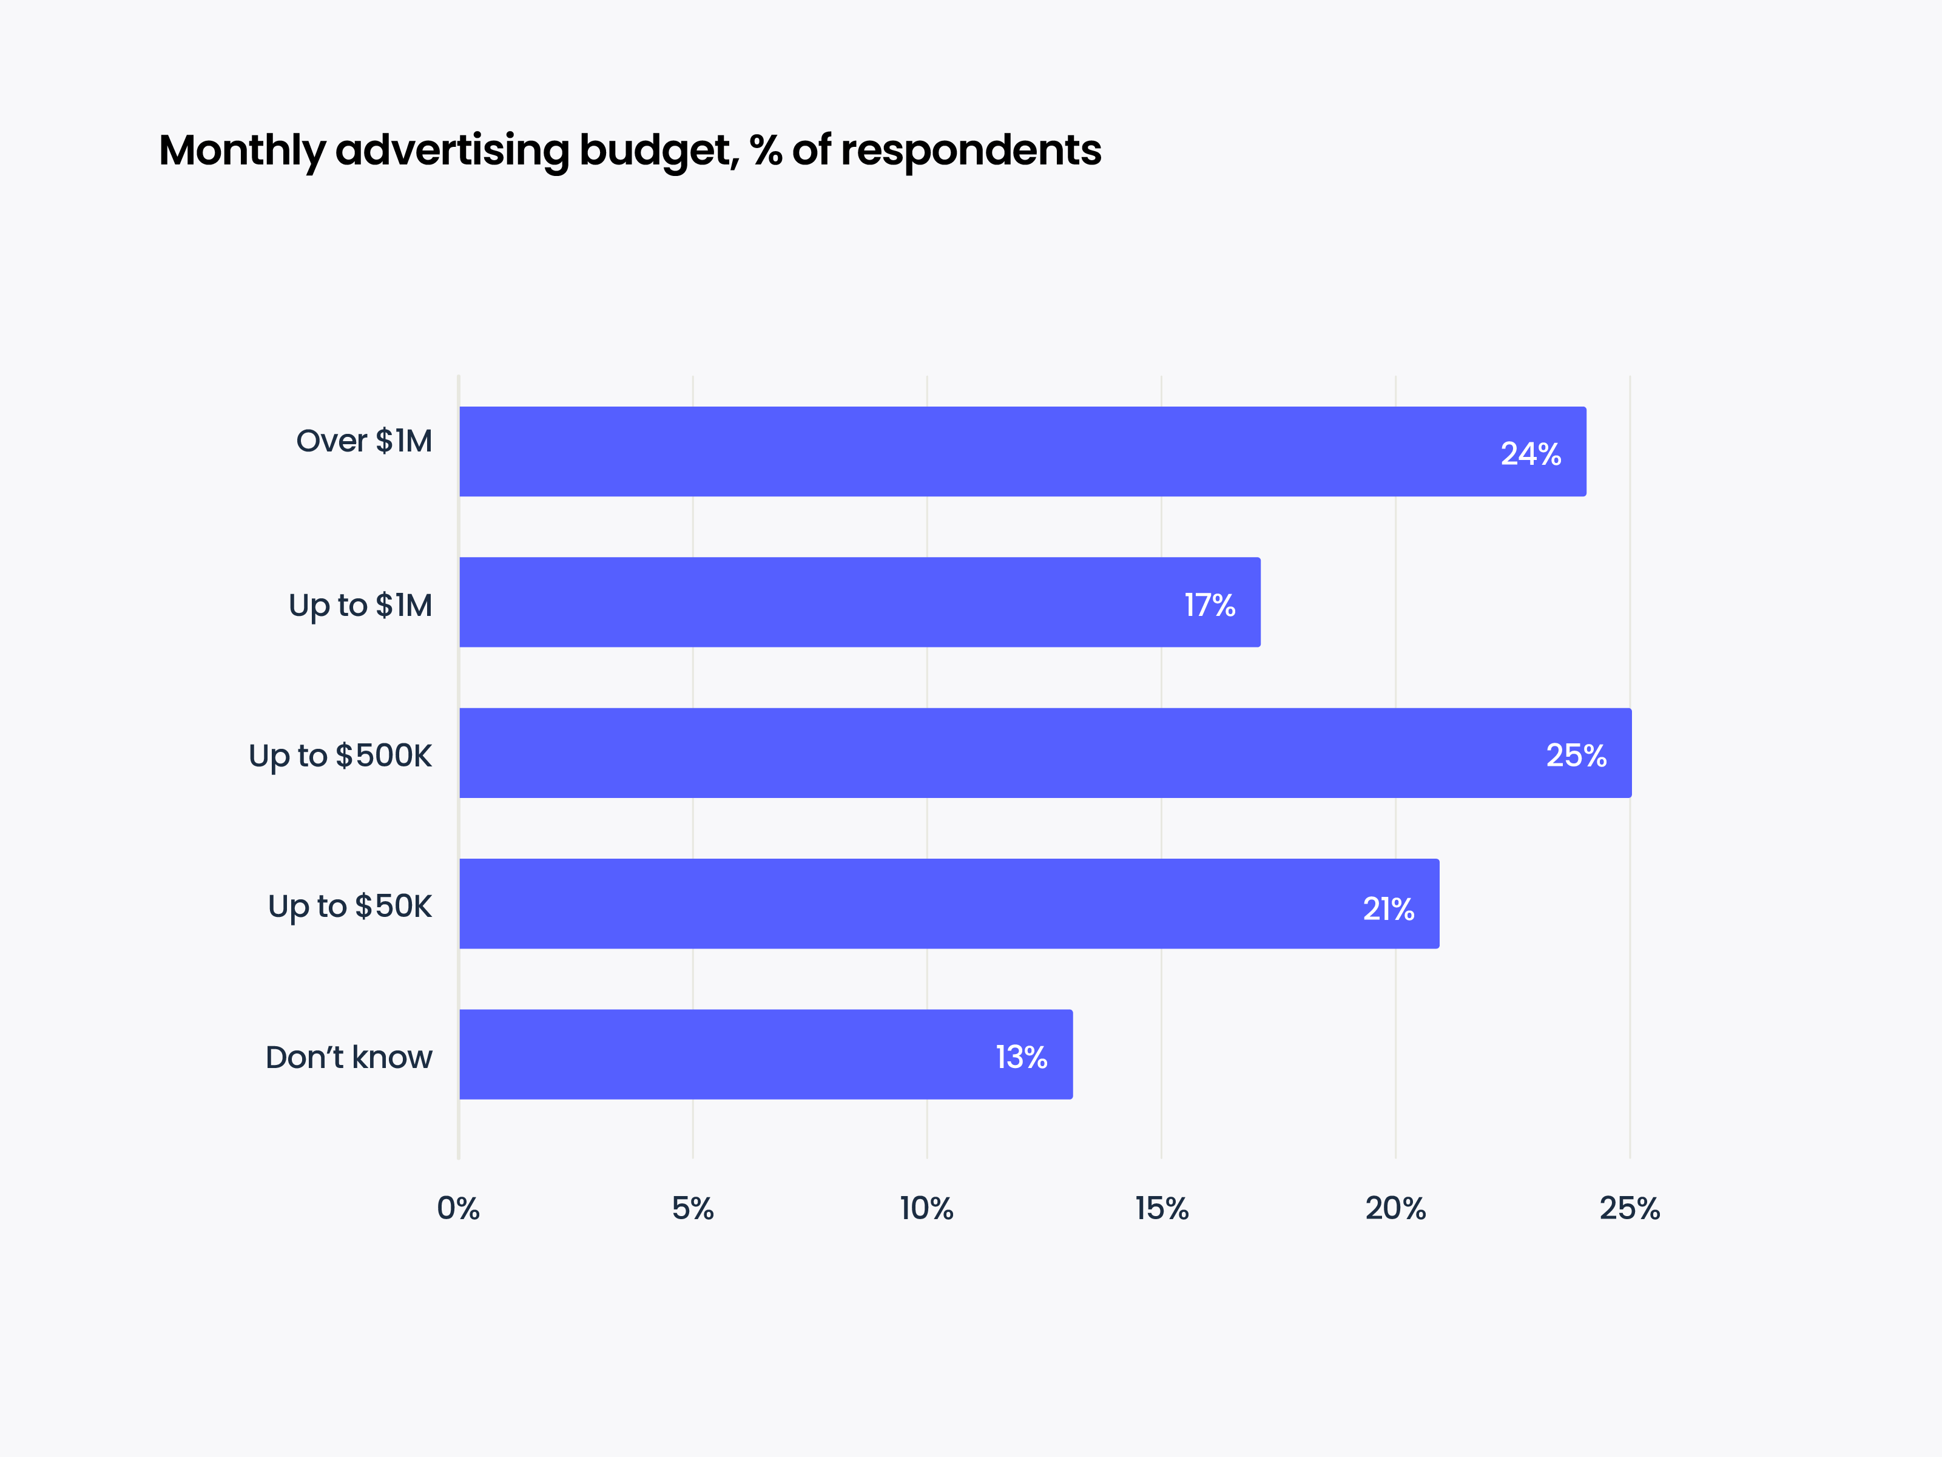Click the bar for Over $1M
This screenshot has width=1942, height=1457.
1023,451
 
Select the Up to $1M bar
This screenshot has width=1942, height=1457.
860,603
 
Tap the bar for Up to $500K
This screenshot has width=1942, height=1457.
1045,752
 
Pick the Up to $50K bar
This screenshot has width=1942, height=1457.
949,904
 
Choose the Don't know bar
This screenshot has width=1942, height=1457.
766,1054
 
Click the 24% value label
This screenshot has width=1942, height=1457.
1530,454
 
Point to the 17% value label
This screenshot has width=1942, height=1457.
1209,605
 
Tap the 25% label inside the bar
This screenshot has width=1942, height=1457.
1576,756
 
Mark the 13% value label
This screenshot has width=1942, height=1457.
1021,1057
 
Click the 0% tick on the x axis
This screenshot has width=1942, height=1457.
458,1208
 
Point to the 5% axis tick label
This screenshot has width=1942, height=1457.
693,1208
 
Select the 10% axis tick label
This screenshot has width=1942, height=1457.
926,1208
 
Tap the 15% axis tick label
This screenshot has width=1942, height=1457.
1162,1208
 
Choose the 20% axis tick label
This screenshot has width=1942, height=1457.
1395,1208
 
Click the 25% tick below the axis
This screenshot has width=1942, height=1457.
1630,1208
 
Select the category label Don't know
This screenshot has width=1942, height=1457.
349,1057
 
